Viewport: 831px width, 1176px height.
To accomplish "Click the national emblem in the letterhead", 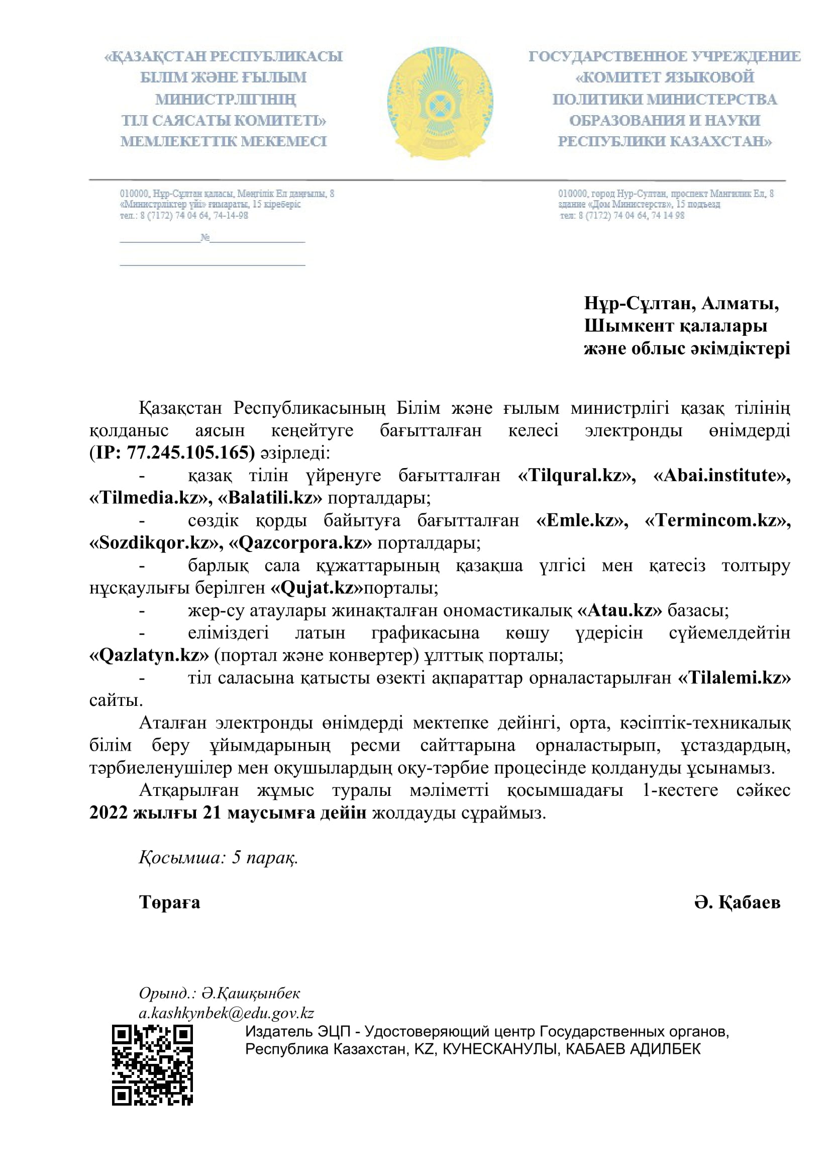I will (440, 103).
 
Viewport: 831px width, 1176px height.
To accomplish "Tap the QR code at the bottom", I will (153, 1065).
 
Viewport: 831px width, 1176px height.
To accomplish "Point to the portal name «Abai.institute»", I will (721, 475).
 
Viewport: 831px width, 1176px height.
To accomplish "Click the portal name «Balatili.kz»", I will (271, 498).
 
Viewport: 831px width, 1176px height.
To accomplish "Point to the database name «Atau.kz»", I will (619, 610).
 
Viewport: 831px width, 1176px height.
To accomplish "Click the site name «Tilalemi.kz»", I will (735, 678).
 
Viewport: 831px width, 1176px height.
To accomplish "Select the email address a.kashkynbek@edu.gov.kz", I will (226, 1013).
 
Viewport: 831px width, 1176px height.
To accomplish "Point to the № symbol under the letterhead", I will (205, 237).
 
